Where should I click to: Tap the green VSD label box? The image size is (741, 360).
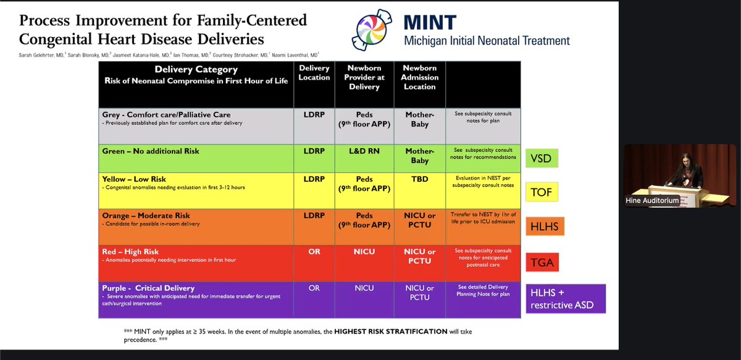541,159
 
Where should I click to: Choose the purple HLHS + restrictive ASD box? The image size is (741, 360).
565,299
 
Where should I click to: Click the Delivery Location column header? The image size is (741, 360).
314,73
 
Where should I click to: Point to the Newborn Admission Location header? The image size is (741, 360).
419,77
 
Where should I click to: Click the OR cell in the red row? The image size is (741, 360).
314,252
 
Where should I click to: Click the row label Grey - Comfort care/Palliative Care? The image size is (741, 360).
167,115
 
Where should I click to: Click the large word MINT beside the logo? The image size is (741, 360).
431,23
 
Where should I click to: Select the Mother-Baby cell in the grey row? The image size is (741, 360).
419,119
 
